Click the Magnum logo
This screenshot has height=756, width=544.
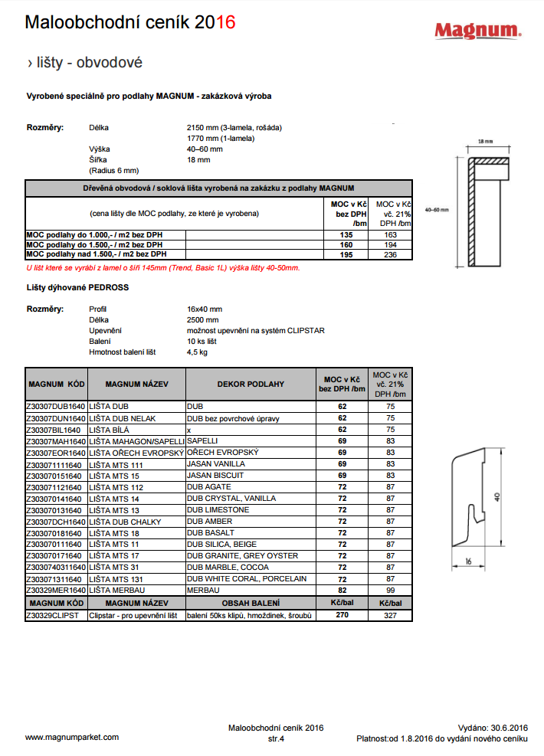pyautogui.click(x=478, y=31)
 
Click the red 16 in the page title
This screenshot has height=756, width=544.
pyautogui.click(x=226, y=23)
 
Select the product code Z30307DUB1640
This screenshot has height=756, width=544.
pyautogui.click(x=56, y=407)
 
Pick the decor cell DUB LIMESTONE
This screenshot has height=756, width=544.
pyautogui.click(x=218, y=510)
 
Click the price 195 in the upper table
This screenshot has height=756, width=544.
pyautogui.click(x=346, y=254)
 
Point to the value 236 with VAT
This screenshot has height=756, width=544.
pyautogui.click(x=390, y=254)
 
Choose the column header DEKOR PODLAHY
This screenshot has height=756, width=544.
pyautogui.click(x=251, y=384)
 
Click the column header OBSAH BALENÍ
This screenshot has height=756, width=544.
pyautogui.click(x=251, y=604)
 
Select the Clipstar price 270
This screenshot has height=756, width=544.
pyautogui.click(x=342, y=615)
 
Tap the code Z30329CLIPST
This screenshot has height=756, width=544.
pyautogui.click(x=53, y=615)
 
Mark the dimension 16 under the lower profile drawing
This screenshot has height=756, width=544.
pyautogui.click(x=467, y=561)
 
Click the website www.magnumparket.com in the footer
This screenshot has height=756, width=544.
pyautogui.click(x=72, y=737)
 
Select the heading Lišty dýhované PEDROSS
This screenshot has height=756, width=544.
pyautogui.click(x=77, y=288)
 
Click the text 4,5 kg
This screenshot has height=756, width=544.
pyautogui.click(x=197, y=352)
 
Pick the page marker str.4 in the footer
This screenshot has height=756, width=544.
pyautogui.click(x=276, y=739)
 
